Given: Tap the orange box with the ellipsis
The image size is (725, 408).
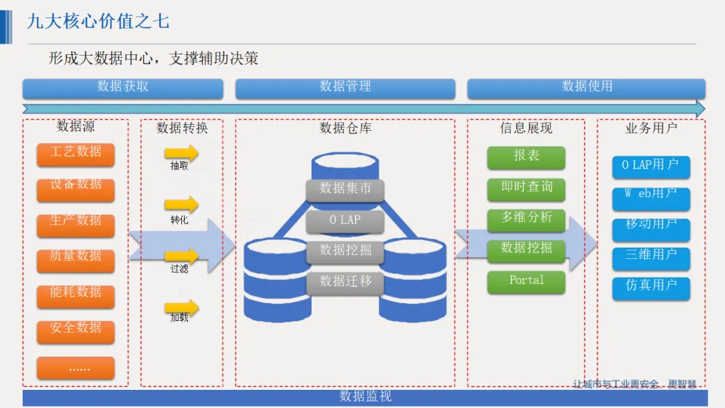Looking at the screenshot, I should click(x=76, y=368).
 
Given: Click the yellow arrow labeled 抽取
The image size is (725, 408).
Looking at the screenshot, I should click(x=182, y=153).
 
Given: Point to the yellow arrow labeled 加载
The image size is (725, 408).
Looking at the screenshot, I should click(x=182, y=307).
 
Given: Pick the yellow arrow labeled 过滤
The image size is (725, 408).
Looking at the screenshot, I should click(x=182, y=256).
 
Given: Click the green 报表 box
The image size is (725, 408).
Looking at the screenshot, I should click(x=526, y=157).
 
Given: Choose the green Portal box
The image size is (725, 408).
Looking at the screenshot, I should click(x=526, y=282).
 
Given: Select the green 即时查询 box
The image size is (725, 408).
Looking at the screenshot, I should click(x=526, y=189).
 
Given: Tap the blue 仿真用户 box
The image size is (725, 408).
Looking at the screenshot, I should click(x=650, y=287).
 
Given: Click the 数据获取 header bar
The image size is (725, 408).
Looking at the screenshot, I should click(x=123, y=88).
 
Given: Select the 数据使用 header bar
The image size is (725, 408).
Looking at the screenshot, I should click(x=586, y=88).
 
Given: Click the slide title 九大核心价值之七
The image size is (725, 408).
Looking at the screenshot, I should click(x=98, y=21).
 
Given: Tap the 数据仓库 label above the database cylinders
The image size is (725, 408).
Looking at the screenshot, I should click(x=345, y=127).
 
